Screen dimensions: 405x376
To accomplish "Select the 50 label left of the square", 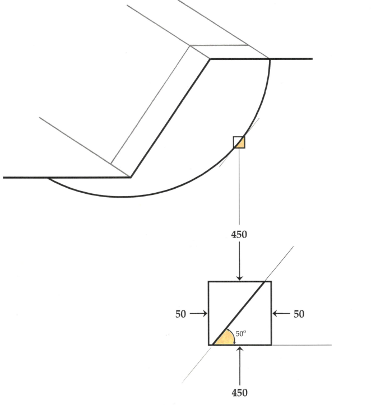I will (x=180, y=313).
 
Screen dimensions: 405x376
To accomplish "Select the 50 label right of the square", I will (x=300, y=313).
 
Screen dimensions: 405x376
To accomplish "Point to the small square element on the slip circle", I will (x=239, y=142).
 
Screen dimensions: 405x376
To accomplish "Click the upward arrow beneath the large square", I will (x=240, y=364).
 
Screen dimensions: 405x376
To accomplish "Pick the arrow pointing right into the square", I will (x=197, y=313).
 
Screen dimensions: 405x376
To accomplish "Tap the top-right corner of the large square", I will (x=271, y=282).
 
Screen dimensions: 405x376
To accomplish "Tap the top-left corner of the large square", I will (x=209, y=282).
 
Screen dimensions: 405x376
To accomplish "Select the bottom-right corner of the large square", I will (x=271, y=345).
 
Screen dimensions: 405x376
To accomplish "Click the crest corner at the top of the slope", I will (x=210, y=59).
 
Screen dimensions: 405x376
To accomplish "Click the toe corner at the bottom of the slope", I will (x=131, y=178).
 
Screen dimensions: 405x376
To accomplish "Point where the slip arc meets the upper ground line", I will (x=270, y=59).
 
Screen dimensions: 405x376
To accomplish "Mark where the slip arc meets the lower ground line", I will (x=48, y=178).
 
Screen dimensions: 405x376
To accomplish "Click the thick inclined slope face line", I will (x=170, y=118).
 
